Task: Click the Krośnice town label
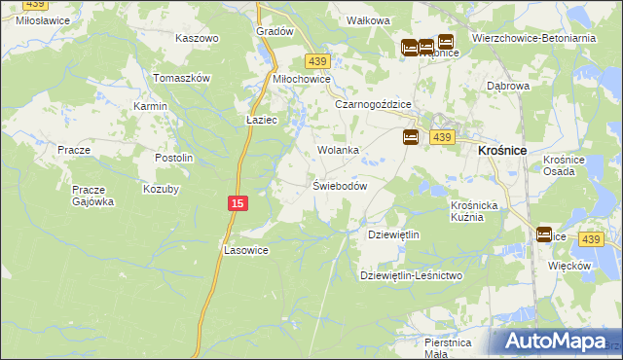pos(503,151)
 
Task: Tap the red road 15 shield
pos(238,202)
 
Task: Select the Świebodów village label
pos(339,186)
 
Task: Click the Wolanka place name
pos(339,150)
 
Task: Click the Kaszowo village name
pos(197,38)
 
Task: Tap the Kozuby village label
pos(161,189)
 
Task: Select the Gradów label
pos(275,31)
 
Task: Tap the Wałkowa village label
pos(369,19)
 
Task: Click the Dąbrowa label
pos(507,86)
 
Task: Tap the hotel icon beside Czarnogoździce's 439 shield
pos(411,138)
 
